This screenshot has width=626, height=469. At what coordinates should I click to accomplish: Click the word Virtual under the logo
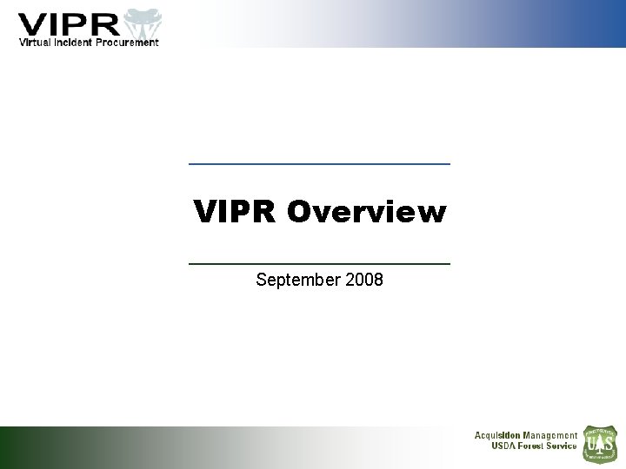tap(37, 42)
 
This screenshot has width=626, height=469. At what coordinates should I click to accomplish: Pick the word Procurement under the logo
tap(127, 42)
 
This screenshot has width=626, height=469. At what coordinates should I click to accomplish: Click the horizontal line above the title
tap(319, 164)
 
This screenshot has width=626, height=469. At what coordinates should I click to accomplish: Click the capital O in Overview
tap(298, 212)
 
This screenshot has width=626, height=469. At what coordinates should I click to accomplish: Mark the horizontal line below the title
tap(319, 262)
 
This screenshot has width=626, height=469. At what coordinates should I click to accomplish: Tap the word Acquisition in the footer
tap(496, 435)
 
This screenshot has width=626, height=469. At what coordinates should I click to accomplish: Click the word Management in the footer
tap(549, 435)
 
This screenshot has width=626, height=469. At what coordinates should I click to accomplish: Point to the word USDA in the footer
tap(505, 446)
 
